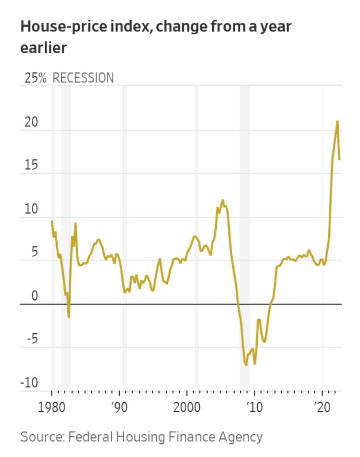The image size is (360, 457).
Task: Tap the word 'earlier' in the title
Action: click(x=43, y=48)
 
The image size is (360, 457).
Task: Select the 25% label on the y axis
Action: click(x=36, y=78)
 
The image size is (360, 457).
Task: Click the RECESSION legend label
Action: click(x=83, y=78)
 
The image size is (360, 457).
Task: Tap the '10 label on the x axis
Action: click(x=253, y=407)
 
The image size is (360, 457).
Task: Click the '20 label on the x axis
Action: click(x=321, y=407)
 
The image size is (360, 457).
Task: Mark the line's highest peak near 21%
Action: click(x=337, y=121)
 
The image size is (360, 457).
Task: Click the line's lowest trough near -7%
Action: click(x=246, y=365)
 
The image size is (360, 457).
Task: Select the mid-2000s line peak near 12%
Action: click(x=222, y=201)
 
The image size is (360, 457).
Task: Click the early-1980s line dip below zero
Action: click(x=69, y=317)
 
